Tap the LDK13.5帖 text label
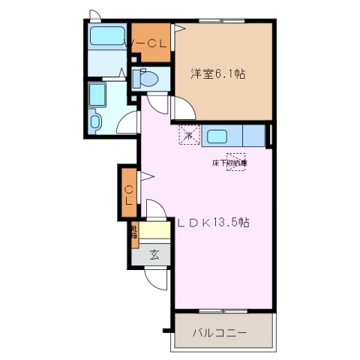pos(214,223)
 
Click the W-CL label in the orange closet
pos(151,43)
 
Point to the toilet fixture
pos(144,79)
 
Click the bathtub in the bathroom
pos(107,35)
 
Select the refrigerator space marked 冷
pos(189,136)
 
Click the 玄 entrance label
pos(154,254)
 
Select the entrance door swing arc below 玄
pos(155,280)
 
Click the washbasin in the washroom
pos(95,120)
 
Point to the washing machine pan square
pos(98,94)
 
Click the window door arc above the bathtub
pos(92,15)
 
